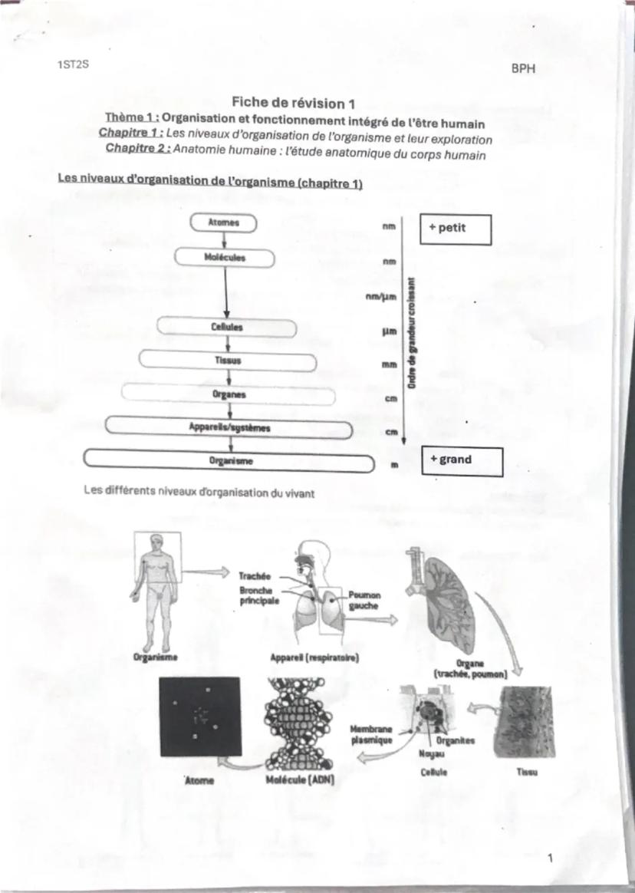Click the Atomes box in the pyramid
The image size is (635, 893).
(225, 223)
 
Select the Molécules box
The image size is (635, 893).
(225, 258)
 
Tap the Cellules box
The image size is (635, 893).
(227, 327)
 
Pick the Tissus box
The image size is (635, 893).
(227, 361)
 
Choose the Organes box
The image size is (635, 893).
(228, 395)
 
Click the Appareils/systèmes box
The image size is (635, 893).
(229, 428)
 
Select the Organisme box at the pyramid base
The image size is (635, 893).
(228, 462)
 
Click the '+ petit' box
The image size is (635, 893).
(454, 229)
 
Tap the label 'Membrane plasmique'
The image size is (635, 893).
(371, 735)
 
